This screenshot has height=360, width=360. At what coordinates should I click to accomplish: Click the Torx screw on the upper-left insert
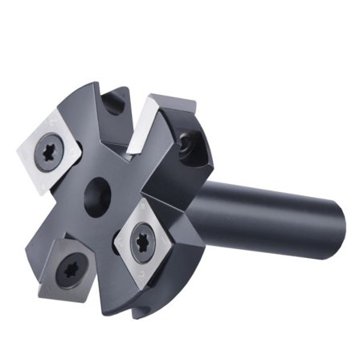tap(49, 150)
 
